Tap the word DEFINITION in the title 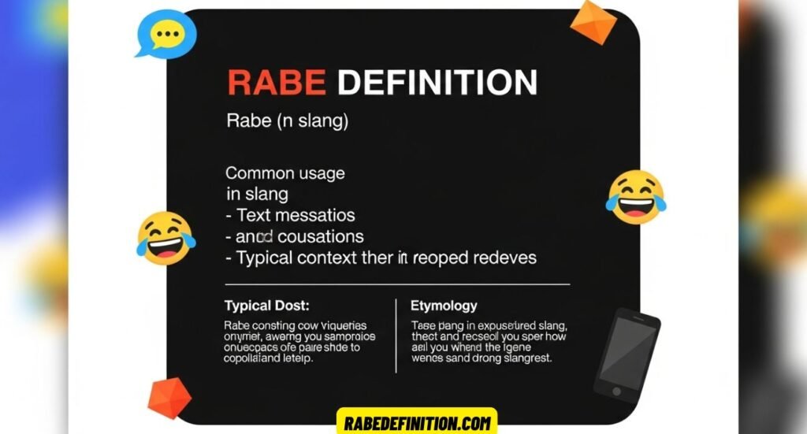pos(437,83)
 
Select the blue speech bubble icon pos(165,33)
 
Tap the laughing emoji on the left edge pos(165,237)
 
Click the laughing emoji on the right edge pos(634,196)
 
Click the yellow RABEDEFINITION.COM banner pos(416,422)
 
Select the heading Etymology pos(444,305)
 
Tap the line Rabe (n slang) pos(287,122)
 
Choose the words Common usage pos(285,173)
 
